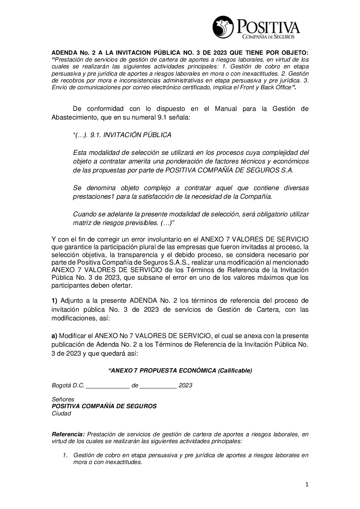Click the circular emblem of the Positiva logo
point(223,27)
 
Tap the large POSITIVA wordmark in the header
point(267,27)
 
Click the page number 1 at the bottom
point(307,485)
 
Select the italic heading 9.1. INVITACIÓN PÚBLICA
point(122,135)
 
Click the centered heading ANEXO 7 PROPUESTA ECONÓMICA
point(180,370)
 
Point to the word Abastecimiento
point(74,117)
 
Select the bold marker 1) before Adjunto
point(54,301)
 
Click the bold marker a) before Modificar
point(54,336)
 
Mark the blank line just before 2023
point(158,386)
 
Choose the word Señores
point(63,399)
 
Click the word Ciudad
point(62,413)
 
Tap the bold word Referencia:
point(68,434)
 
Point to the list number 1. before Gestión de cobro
point(65,455)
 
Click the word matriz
point(81,223)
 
